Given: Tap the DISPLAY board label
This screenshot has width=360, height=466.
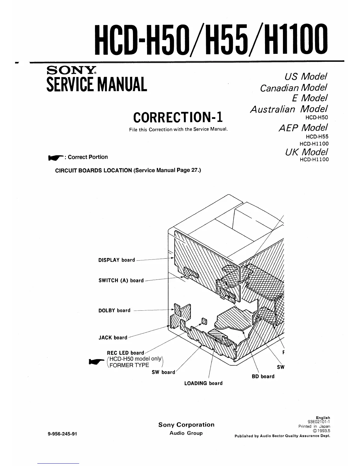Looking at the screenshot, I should tap(116, 260).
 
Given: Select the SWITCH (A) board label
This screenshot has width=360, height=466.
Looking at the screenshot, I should tap(121, 281).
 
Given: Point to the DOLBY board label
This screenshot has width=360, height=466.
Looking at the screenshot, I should tap(114, 311).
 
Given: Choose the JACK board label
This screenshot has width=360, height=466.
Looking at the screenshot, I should tap(113, 338).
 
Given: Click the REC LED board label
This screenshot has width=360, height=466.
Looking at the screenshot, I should tap(125, 353).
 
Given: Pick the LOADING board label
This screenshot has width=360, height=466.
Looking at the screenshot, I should tap(203, 383).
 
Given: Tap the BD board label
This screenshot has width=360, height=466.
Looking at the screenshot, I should tap(263, 377).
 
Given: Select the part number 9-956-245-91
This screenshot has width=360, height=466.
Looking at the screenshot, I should tap(62, 434).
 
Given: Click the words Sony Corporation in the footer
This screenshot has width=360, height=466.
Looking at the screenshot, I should tap(186, 425).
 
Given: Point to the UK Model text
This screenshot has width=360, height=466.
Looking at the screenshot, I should tap(306, 152).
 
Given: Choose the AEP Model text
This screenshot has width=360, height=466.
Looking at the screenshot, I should tap(303, 127).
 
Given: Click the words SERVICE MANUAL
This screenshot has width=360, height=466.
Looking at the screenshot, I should tap(96, 84).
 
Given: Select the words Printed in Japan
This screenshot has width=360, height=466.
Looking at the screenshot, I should tap(314, 426).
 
